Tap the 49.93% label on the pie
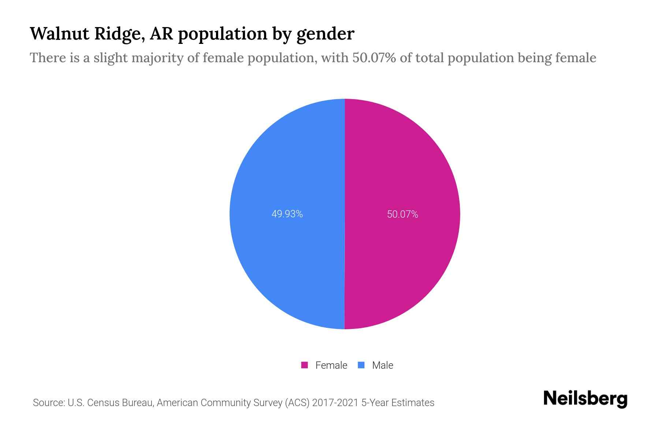[287, 214]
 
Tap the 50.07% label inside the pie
[402, 214]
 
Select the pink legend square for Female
[304, 365]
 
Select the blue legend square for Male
[361, 365]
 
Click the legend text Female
[331, 365]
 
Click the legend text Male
[382, 365]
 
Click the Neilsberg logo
[585, 398]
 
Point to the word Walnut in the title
[60, 34]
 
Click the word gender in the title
[325, 34]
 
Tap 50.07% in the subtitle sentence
[374, 58]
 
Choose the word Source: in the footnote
[49, 403]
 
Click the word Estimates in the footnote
[413, 403]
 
